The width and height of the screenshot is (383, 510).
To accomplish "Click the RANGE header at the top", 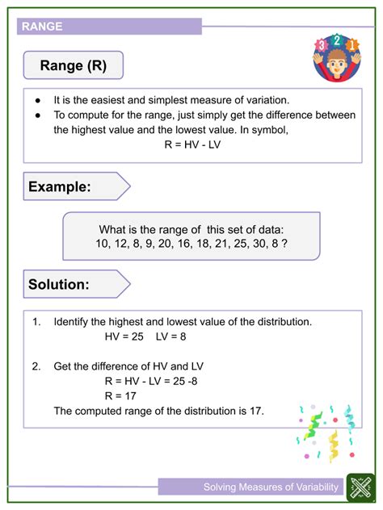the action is (43, 26).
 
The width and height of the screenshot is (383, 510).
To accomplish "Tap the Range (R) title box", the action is (74, 65).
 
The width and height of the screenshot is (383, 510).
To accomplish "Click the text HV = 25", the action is (124, 337).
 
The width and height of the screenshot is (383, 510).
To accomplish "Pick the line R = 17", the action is (120, 395).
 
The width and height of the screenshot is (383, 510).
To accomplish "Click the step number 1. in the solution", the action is (36, 321).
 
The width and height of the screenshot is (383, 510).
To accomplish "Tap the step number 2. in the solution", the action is (36, 366).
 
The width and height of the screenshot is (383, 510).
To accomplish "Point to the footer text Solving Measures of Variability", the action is (271, 487).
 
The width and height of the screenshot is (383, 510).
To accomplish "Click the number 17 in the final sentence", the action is (256, 411).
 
